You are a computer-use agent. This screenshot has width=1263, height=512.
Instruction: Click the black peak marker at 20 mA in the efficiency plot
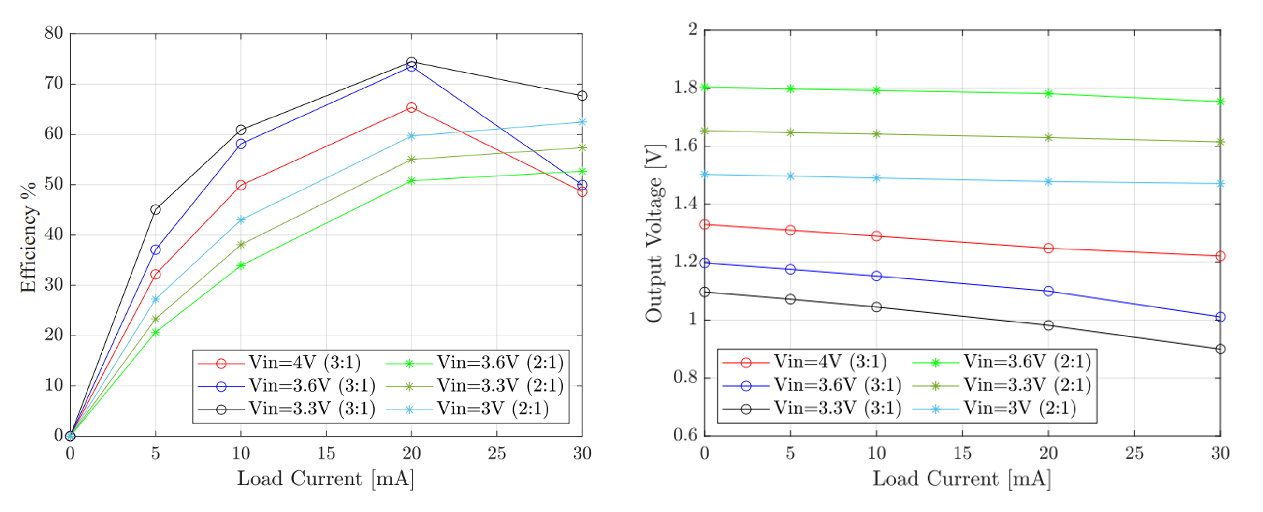(x=411, y=62)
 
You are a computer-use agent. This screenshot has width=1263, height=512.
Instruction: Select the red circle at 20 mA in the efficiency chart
(x=411, y=107)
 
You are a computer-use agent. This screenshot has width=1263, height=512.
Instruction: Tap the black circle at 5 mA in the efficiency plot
(x=156, y=210)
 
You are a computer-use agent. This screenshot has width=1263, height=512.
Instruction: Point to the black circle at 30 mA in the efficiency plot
(x=582, y=96)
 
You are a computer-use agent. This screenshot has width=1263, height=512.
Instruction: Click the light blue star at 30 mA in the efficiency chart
(x=582, y=122)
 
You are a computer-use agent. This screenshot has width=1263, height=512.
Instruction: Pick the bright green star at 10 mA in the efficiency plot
(x=241, y=266)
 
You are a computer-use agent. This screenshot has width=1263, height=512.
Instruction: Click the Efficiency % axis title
(x=29, y=237)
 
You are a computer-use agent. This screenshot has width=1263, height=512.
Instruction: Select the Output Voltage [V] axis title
(x=654, y=234)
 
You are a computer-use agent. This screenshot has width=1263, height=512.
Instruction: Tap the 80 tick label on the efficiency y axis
(x=54, y=33)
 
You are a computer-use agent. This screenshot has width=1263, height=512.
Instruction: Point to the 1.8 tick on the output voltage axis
(x=685, y=88)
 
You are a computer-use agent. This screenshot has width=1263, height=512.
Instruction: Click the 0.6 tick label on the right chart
(x=685, y=435)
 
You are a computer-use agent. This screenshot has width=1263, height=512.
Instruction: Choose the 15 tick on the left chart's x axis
(x=326, y=453)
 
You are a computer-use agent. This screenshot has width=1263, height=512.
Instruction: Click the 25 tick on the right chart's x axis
(x=1134, y=453)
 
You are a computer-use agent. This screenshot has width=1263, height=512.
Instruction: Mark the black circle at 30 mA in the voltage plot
(x=1220, y=349)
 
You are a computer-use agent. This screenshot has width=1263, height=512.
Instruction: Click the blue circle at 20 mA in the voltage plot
(x=1048, y=292)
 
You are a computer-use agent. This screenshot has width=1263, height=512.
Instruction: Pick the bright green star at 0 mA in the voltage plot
(x=705, y=88)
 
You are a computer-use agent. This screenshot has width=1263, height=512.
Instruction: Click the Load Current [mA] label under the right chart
(x=961, y=479)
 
